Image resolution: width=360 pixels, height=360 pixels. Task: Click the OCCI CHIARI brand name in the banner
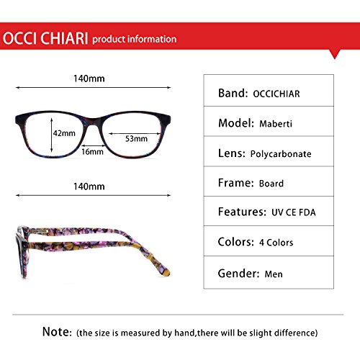click(45, 38)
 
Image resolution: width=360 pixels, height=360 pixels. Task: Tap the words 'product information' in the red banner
click(135, 40)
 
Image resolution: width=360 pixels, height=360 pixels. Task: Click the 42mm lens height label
click(64, 133)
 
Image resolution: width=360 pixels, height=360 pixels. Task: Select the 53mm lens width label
click(136, 139)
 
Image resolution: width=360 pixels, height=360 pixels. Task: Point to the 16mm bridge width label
click(92, 152)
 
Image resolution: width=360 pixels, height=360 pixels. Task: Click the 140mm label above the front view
click(89, 78)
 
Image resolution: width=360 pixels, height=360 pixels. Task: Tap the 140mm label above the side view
click(89, 186)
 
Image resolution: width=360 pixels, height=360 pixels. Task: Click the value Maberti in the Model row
click(276, 124)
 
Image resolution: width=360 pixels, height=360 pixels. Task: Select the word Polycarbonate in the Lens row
click(281, 154)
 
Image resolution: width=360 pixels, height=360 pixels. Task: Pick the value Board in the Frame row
click(271, 184)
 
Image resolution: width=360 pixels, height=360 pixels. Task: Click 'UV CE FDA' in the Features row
click(294, 212)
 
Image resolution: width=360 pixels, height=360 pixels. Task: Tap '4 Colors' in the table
click(276, 243)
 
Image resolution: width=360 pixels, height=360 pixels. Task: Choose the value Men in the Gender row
click(274, 274)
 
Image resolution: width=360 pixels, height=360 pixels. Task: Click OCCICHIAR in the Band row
click(276, 94)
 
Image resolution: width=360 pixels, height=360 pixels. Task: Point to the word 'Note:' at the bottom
click(57, 332)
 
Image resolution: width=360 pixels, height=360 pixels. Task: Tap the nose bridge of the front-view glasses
click(93, 122)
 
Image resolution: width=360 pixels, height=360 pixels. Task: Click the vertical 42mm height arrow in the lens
click(51, 135)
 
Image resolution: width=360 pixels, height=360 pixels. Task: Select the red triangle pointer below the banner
click(335, 54)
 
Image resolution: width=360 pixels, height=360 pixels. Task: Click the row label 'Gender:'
click(238, 274)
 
